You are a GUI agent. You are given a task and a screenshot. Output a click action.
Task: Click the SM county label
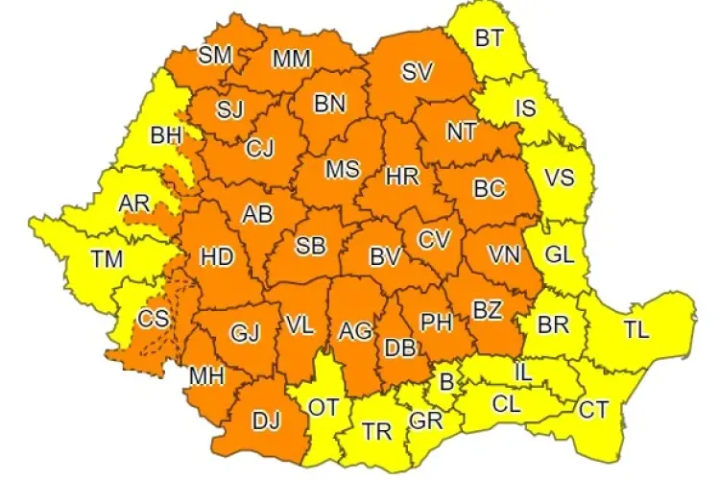click(215, 55)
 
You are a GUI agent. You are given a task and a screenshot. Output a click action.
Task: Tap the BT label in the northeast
click(491, 38)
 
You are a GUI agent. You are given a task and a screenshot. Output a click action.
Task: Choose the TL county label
click(636, 329)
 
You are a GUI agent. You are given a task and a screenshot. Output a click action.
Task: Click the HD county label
click(217, 256)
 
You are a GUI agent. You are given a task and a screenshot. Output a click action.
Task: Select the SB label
click(309, 246)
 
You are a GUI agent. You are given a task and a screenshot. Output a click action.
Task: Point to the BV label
click(385, 256)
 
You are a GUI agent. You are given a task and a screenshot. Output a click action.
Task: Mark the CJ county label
click(259, 149)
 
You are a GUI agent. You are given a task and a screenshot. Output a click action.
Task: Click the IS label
click(525, 108)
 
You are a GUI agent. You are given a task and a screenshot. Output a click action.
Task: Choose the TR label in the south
click(377, 431)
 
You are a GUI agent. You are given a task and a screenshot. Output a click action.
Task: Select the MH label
click(206, 375)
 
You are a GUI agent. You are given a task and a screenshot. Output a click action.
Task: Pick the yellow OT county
click(324, 406)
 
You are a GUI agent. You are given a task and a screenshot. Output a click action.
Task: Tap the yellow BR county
click(553, 324)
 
